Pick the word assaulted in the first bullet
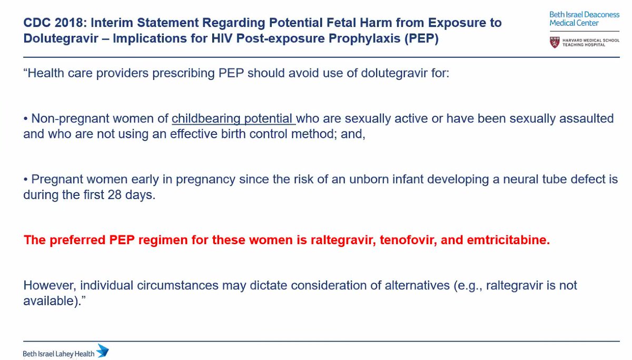[584, 118]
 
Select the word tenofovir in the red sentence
[392, 241]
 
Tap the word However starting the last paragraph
[48, 286]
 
